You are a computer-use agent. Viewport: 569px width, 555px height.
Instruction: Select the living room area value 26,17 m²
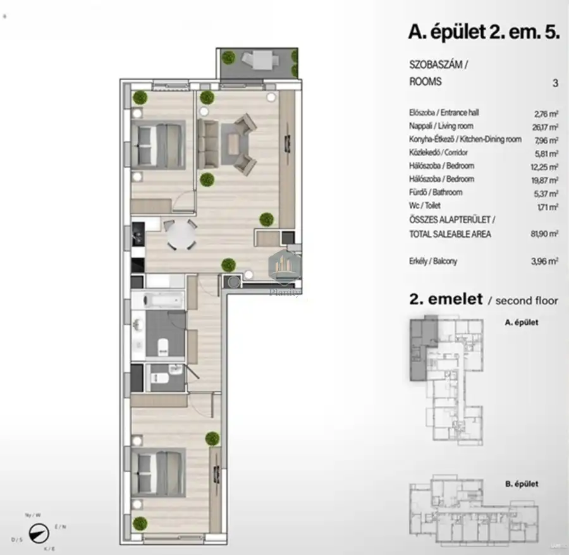545,126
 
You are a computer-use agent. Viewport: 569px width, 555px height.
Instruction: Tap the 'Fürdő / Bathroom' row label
436,192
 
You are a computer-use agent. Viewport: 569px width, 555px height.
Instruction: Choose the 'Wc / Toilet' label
424,205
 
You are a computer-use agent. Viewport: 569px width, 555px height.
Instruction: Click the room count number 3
555,82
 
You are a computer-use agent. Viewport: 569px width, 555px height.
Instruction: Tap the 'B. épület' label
521,484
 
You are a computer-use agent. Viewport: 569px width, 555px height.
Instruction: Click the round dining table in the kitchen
181,237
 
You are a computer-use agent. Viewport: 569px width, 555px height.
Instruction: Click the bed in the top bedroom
158,144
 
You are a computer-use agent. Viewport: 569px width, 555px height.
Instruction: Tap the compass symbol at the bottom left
40,533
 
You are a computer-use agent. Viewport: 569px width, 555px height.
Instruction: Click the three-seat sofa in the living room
207,144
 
